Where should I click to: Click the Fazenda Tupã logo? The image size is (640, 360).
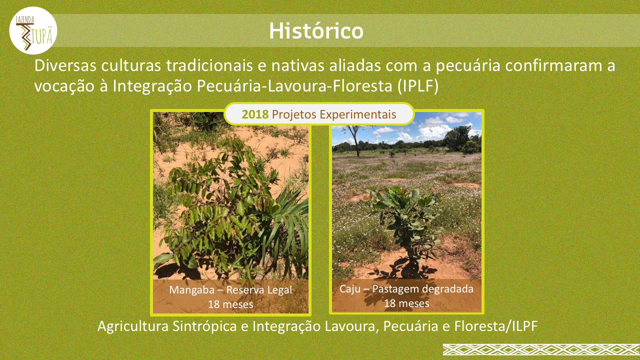[33, 30]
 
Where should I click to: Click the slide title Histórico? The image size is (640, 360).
[316, 30]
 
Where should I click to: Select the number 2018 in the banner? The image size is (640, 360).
[255, 114]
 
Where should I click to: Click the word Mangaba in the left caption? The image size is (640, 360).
[191, 290]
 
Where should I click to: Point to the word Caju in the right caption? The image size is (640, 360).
[349, 289]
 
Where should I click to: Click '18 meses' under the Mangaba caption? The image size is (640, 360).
[230, 304]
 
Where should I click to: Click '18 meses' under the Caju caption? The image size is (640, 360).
[406, 303]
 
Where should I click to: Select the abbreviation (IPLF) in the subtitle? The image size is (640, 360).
[417, 86]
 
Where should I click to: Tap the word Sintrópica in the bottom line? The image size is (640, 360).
[204, 326]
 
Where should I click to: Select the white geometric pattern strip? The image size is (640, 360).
[541, 349]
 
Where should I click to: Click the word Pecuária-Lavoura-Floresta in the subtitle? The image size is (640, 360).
[294, 86]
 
